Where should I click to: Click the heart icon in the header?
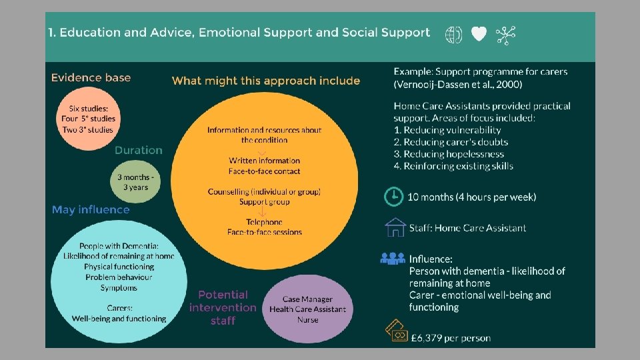479,35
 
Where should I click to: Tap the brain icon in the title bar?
453,35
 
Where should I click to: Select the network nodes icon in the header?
506,35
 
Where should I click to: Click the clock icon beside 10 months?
394,197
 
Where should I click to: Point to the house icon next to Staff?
395,227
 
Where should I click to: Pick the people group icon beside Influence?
393,258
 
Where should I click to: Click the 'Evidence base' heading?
91,77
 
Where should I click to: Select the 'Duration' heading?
138,150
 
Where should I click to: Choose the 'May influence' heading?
91,209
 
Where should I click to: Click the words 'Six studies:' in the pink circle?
92,108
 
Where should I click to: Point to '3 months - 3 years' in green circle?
135,182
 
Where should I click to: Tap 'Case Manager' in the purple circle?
307,299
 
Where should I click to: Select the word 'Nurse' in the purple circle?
307,319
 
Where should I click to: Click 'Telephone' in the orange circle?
264,222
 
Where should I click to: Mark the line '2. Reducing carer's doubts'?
451,142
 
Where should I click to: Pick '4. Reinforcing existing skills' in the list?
453,166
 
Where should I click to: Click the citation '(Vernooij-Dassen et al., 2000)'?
458,84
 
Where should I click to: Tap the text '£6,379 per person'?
450,338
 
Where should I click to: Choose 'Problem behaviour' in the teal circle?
119,277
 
